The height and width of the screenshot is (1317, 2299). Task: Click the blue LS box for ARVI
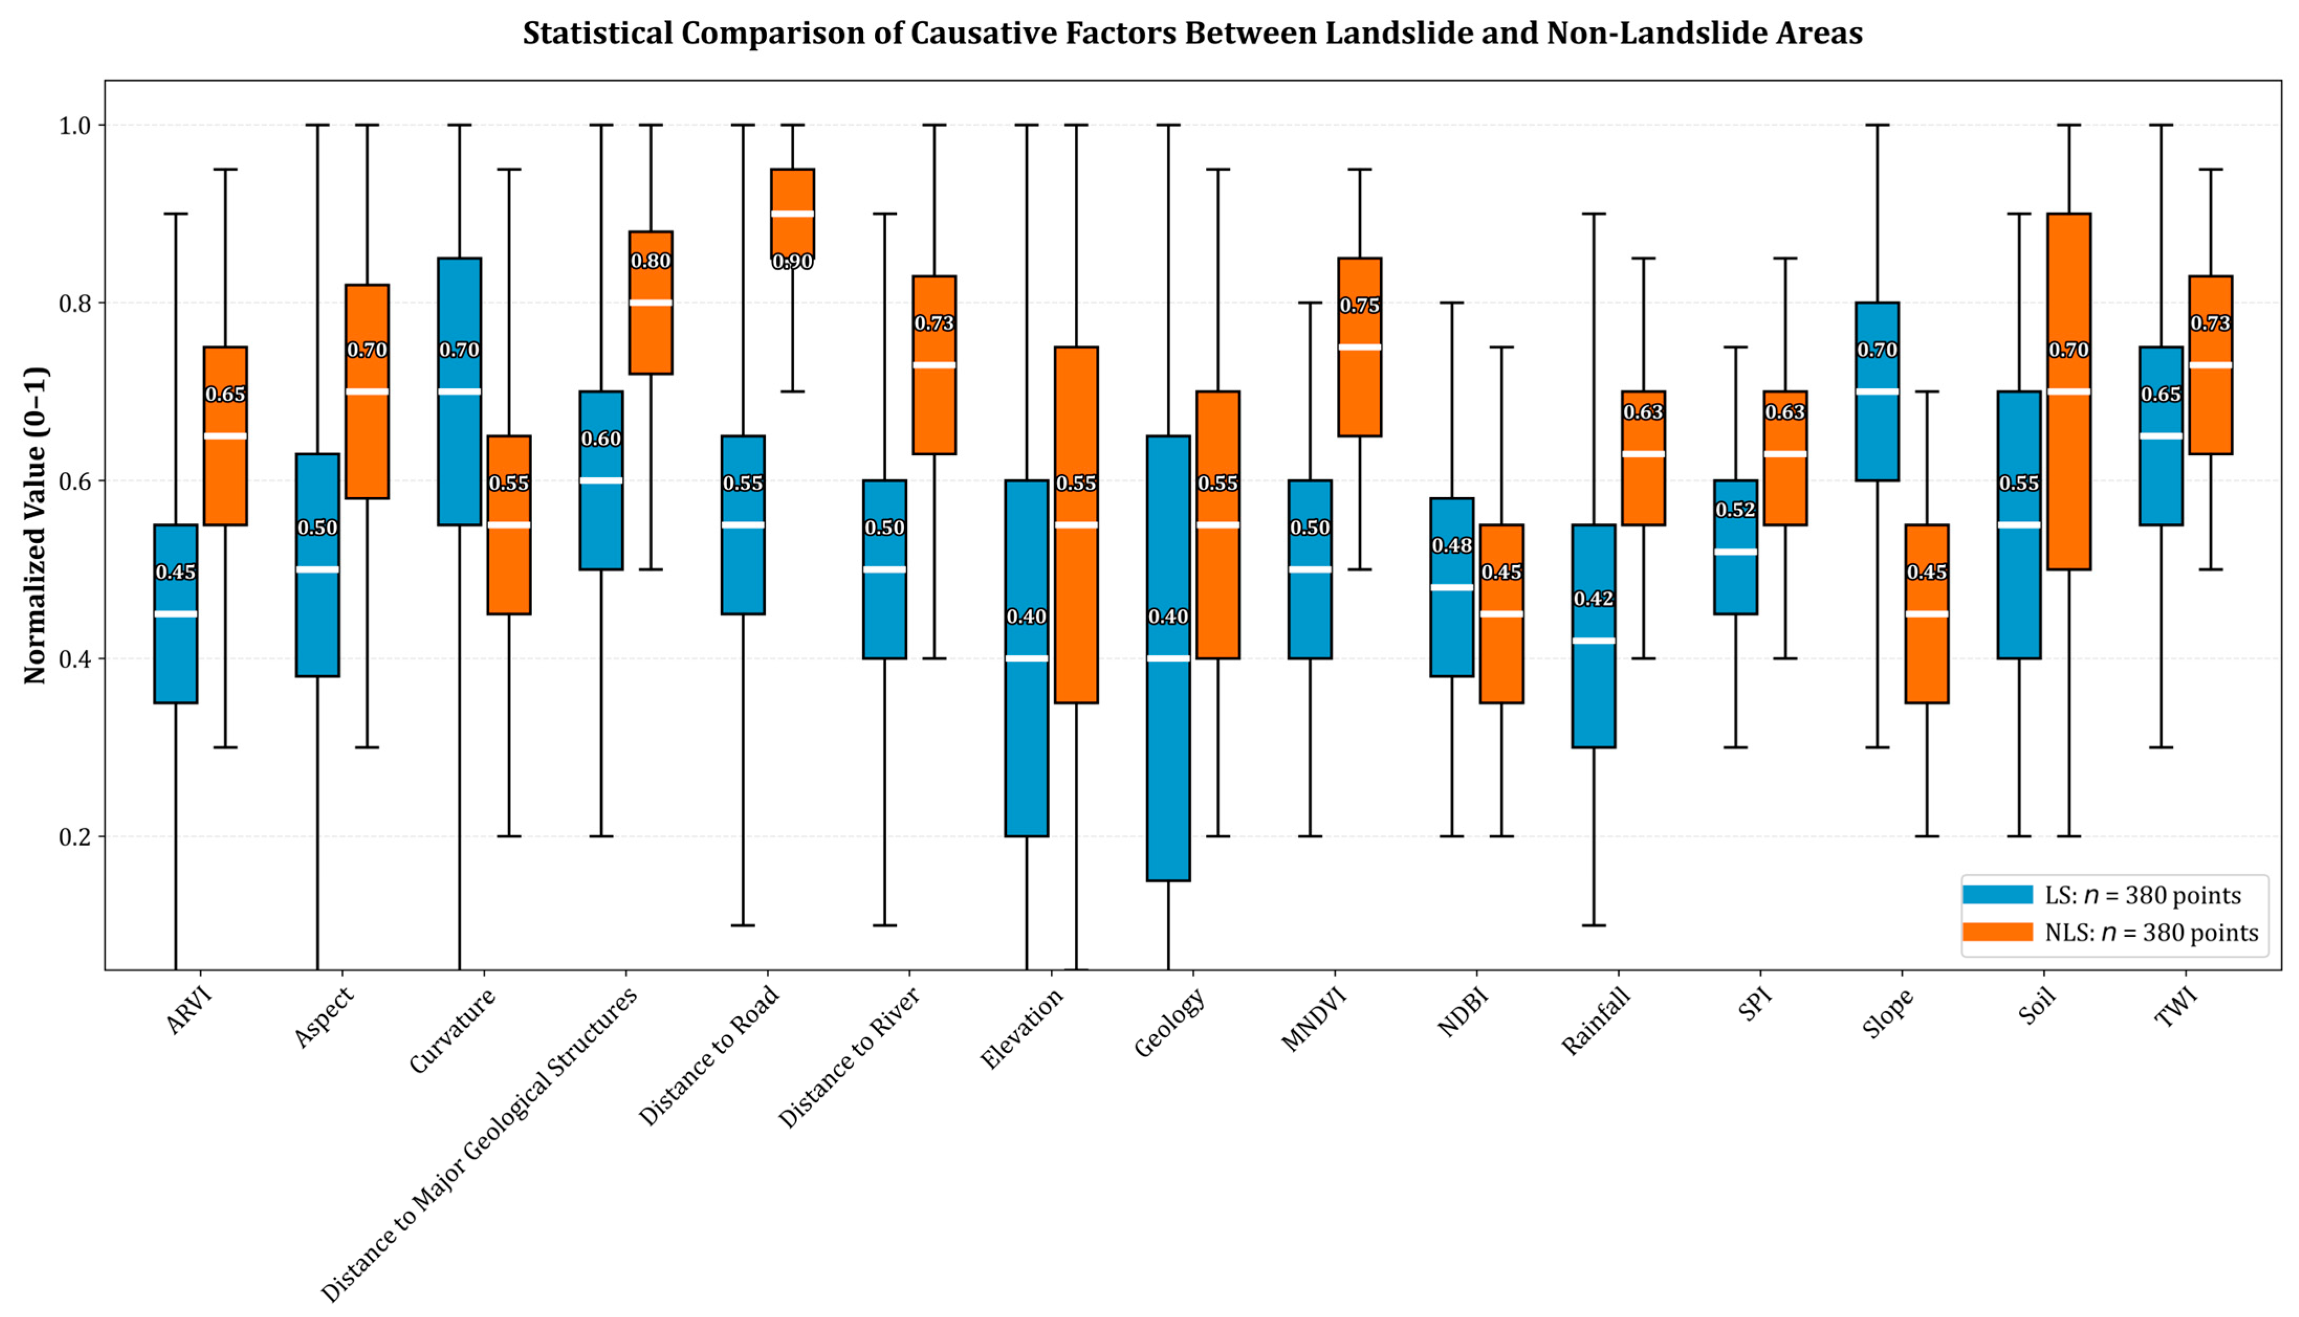click(x=175, y=651)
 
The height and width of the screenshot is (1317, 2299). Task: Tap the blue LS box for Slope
click(x=1877, y=434)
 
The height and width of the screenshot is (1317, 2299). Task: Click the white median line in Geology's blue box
click(x=1169, y=659)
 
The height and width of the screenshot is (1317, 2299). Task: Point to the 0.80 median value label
click(x=650, y=261)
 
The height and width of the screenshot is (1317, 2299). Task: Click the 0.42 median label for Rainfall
click(x=1593, y=599)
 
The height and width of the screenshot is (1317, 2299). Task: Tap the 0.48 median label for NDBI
click(x=1451, y=545)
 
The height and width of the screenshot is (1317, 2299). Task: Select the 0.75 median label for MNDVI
click(x=1359, y=306)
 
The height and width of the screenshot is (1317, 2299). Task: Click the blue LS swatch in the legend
click(x=1998, y=895)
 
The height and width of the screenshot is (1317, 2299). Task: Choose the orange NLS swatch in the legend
click(x=1998, y=931)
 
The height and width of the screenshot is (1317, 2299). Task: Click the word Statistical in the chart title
click(x=597, y=34)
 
